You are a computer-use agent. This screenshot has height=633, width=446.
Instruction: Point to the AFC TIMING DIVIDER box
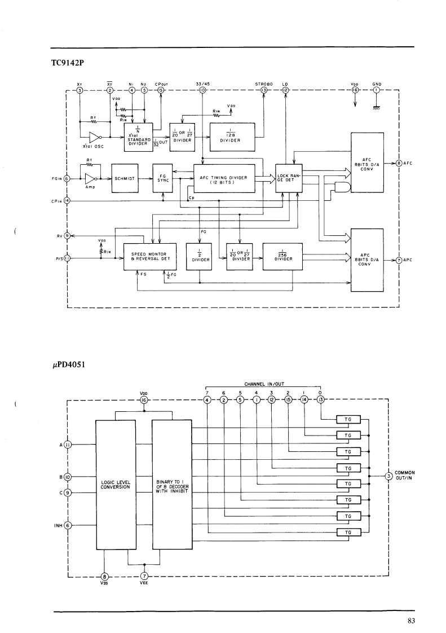pos(224,178)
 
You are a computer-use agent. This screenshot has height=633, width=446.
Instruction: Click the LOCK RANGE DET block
pos(289,178)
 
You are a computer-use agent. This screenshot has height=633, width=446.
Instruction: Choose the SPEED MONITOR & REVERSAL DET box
pos(150,257)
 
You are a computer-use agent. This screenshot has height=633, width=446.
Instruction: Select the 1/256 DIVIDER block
pos(282,257)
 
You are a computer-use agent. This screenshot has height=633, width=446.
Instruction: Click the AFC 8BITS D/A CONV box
pos(367,163)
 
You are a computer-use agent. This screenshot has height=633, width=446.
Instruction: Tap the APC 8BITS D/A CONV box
pos(367,260)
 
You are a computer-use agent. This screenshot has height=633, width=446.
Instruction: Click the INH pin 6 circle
pos(68,525)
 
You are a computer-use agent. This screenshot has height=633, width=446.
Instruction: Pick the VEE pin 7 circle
pos(144,577)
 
